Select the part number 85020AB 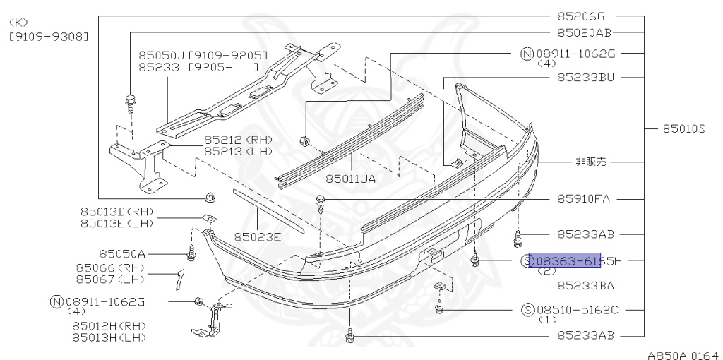tap(584, 32)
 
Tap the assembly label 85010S tap(684, 128)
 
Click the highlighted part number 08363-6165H tap(565, 260)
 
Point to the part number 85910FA tap(584, 198)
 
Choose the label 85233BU tap(585, 77)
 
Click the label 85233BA tap(585, 286)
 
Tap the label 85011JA tap(350, 179)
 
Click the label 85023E tap(258, 236)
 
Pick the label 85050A tap(122, 253)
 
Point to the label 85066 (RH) tap(109, 268)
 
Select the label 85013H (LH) tap(108, 338)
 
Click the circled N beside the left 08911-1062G tap(56, 301)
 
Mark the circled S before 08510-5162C tap(527, 309)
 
